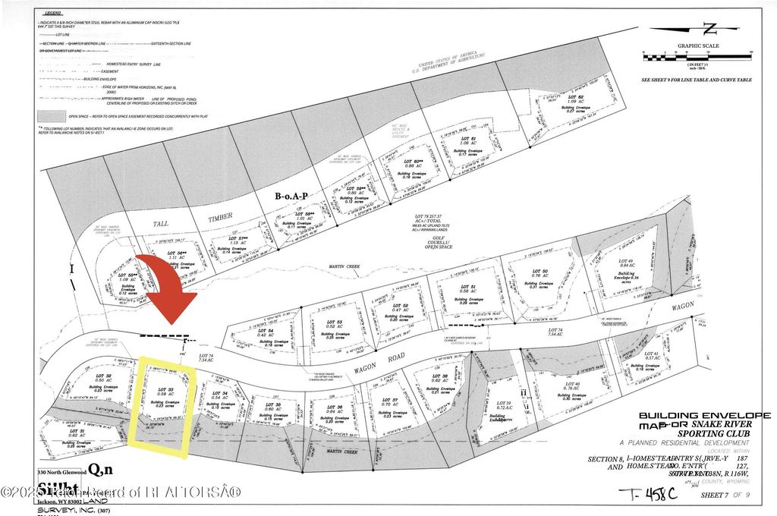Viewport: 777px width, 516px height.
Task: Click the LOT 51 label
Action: point(467,286)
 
